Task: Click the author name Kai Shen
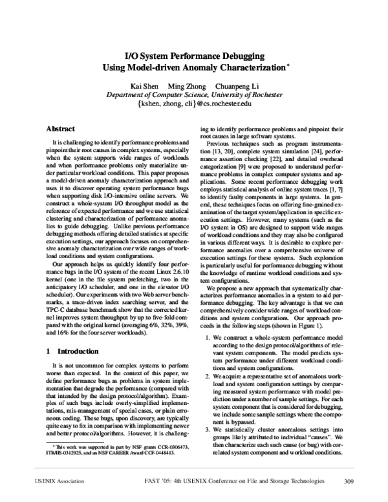click(144, 85)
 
